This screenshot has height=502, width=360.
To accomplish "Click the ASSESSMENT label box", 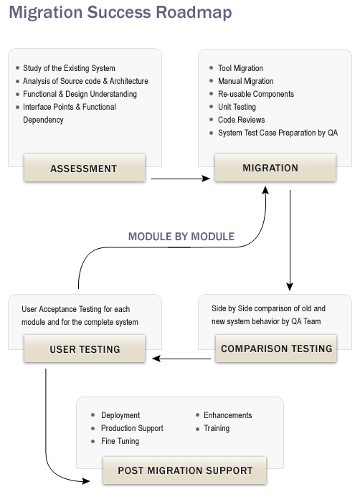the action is pyautogui.click(x=85, y=168).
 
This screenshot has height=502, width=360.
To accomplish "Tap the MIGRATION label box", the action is pyautogui.click(x=275, y=168).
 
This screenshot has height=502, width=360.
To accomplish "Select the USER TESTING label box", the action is pyautogui.click(x=85, y=349).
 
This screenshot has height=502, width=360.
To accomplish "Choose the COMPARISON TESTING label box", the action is pyautogui.click(x=276, y=349).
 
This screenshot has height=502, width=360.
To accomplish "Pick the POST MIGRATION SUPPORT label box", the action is pyautogui.click(x=184, y=470).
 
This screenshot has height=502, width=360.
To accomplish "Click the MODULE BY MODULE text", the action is pyautogui.click(x=181, y=237).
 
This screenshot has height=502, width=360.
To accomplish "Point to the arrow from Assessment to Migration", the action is pyautogui.click(x=180, y=179).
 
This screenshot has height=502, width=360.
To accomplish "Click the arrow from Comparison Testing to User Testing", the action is pyautogui.click(x=181, y=359).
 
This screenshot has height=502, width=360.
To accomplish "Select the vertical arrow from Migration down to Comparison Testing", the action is pyautogui.click(x=290, y=240).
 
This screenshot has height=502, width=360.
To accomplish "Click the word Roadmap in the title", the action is pyautogui.click(x=194, y=12).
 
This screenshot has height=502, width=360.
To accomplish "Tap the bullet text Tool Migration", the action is pyautogui.click(x=240, y=68).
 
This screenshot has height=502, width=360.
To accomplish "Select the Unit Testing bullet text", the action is pyautogui.click(x=237, y=107).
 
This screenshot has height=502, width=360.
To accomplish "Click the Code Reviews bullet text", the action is pyautogui.click(x=241, y=120).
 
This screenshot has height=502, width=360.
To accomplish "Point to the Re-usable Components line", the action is pyautogui.click(x=256, y=94).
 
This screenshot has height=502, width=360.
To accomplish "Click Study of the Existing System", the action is pyautogui.click(x=69, y=68).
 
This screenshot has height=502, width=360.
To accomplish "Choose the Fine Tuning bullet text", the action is pyautogui.click(x=120, y=441).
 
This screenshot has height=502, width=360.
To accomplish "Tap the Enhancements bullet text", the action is pyautogui.click(x=228, y=415).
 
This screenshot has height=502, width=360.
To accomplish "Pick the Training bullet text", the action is pyautogui.click(x=217, y=428).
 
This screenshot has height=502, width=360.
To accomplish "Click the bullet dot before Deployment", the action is pyautogui.click(x=93, y=415).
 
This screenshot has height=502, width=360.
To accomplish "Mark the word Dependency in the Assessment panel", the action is pyautogui.click(x=43, y=120).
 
